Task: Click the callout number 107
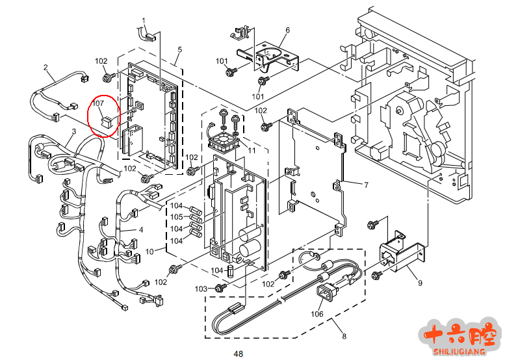pyautogui.click(x=98, y=103)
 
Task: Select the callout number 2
pyautogui.click(x=45, y=67)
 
